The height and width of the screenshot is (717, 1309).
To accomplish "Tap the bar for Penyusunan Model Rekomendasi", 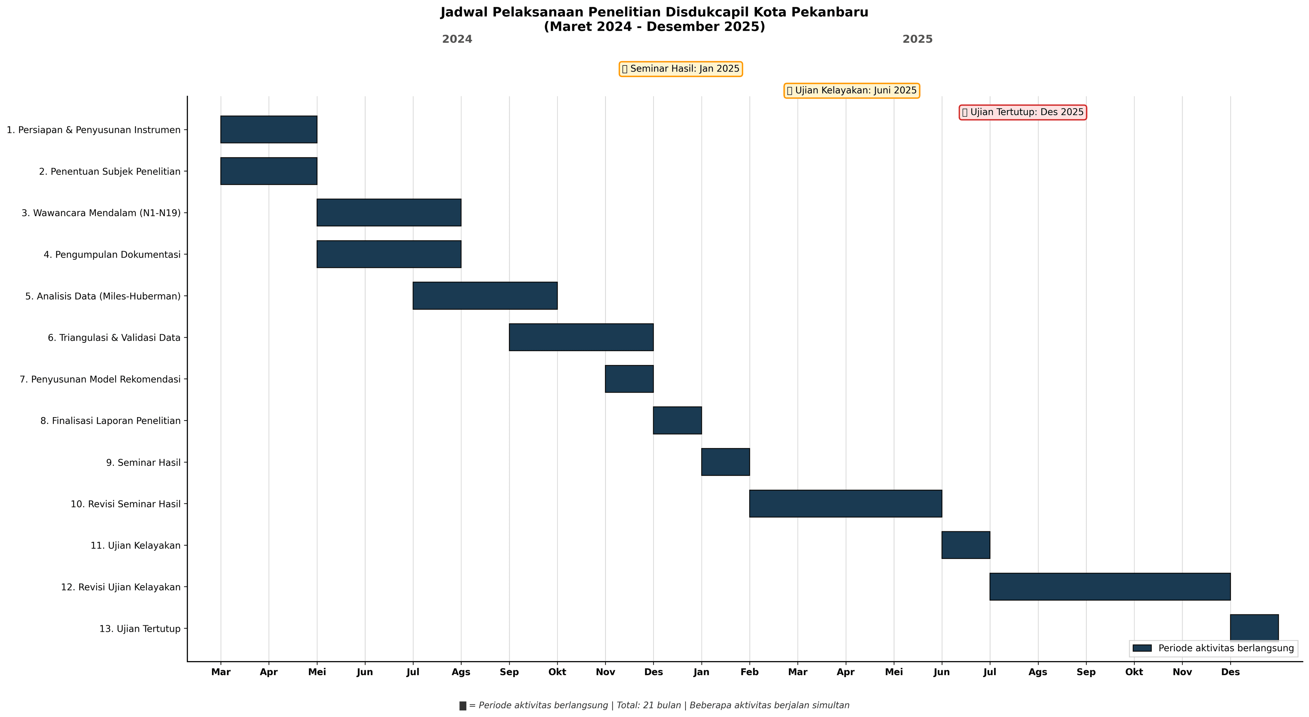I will pos(629,379).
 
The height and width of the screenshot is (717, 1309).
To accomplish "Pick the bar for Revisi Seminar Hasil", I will pos(845,504).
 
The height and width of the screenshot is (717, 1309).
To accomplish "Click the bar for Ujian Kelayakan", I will pos(965,545).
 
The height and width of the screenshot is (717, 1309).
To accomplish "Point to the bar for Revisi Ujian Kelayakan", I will pos(1110,587).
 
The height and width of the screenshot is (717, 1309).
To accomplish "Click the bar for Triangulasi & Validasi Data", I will pos(581,337).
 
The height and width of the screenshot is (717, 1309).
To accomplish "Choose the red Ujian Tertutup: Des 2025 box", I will pos(1022,112).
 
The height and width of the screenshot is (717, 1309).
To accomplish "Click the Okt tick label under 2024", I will pos(557,672).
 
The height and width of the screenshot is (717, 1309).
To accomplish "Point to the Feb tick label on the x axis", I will pos(750,672).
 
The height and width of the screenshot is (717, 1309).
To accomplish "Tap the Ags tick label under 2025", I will pos(1038,672).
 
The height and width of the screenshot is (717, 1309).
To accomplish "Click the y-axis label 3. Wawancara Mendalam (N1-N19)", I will pos(101,213).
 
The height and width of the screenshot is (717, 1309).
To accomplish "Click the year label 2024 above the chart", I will pos(457,40).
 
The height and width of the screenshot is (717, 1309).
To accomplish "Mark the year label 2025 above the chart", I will pos(917,40).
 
